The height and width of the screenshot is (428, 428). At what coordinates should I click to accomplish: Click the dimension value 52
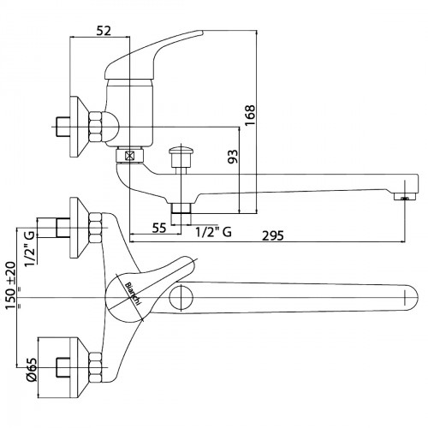104,31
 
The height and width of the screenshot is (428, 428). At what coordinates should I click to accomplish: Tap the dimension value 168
250,116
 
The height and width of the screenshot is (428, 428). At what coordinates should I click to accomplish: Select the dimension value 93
233,157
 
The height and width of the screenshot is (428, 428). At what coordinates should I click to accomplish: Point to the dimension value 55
159,228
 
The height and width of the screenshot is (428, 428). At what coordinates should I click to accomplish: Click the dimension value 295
273,235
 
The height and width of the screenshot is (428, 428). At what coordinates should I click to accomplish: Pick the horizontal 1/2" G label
213,232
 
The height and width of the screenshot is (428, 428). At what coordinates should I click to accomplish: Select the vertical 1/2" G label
30,248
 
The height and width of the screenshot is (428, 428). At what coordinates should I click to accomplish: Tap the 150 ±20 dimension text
11,285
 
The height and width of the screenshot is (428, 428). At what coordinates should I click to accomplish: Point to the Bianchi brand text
133,294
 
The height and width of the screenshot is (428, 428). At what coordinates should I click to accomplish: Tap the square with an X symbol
130,156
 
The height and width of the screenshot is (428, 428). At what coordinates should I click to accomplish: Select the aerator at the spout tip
405,197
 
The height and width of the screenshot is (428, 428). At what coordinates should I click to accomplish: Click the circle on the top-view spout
181,297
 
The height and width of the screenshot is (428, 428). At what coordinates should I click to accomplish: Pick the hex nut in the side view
95,127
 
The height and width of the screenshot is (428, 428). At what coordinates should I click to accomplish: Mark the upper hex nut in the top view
95,229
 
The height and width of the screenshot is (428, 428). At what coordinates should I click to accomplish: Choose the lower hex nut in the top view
95,367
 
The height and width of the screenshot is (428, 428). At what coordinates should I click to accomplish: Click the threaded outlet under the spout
181,208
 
